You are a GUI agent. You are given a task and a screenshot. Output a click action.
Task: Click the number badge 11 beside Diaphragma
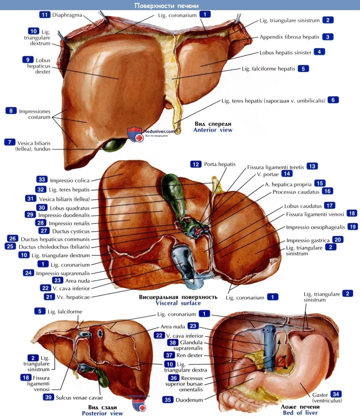click(44, 15)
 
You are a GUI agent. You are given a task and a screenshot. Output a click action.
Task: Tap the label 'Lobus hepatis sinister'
click(285, 53)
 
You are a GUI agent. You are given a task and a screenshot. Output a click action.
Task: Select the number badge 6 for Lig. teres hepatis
click(333, 100)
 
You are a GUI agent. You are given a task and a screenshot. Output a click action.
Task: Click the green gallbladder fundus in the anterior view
click(112, 145)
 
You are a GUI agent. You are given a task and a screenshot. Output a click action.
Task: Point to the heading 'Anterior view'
click(213, 130)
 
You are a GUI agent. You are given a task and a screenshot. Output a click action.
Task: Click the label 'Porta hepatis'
click(220, 164)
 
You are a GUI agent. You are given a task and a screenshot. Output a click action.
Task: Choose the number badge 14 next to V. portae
click(287, 174)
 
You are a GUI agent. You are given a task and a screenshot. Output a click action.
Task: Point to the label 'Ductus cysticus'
click(71, 231)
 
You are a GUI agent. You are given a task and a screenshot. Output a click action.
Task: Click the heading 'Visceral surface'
click(178, 303)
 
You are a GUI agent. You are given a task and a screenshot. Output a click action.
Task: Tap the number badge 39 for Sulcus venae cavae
click(48, 397)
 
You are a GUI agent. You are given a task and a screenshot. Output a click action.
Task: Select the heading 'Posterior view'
click(102, 413)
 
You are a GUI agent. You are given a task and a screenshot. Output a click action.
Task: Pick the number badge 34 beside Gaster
click(336, 394)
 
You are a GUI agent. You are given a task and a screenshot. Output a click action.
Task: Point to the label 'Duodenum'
click(189, 400)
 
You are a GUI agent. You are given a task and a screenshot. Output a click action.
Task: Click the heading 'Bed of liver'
click(300, 413)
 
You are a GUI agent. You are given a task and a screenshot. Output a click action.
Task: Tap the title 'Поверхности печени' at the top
click(166, 5)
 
